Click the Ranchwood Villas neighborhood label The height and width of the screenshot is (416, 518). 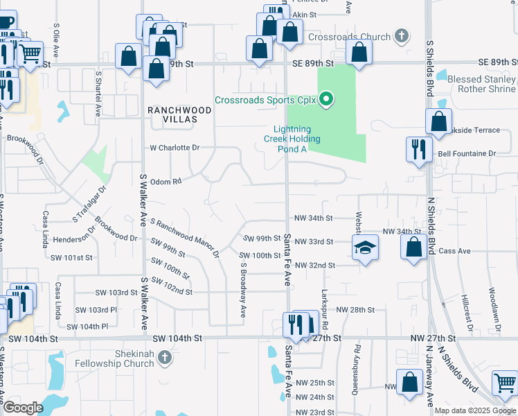172,114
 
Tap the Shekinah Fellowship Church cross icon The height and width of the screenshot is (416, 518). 164,357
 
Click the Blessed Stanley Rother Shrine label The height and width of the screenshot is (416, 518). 482,84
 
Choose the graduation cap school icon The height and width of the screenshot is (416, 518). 365,246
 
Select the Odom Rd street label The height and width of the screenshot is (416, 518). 166,180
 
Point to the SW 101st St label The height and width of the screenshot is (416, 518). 71,257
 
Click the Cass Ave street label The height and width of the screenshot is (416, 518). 455,251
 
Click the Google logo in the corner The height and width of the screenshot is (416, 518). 23,408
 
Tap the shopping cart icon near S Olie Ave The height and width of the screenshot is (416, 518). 30,53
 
